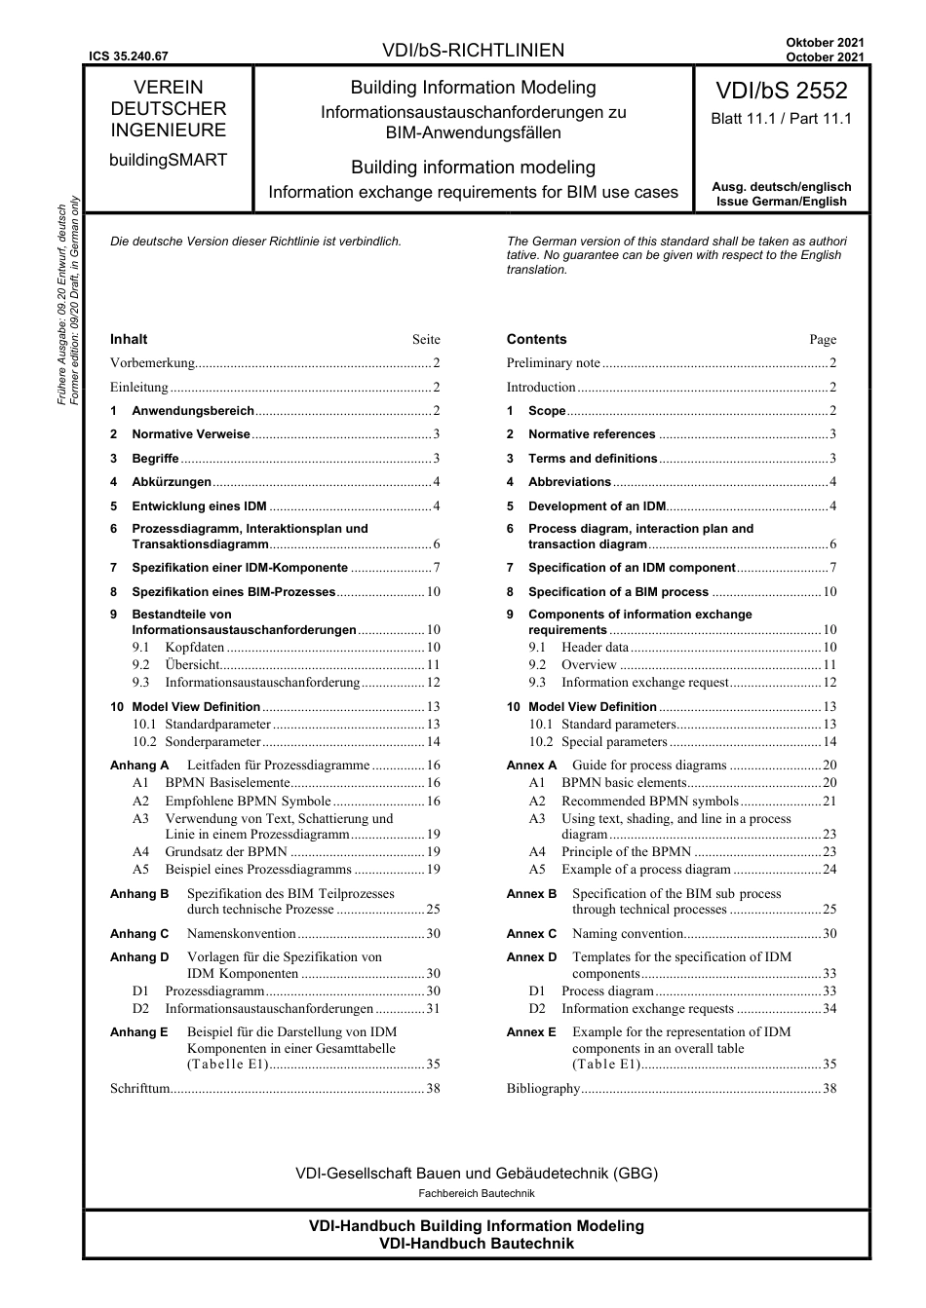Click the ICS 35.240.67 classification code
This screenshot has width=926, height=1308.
(128, 56)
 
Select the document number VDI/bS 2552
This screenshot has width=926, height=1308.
(781, 91)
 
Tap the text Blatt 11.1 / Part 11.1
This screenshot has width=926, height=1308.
(781, 119)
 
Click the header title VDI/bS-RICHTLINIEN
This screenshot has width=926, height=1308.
(473, 50)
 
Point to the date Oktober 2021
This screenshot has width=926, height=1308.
(825, 43)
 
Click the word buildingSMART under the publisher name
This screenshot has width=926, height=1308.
(168, 160)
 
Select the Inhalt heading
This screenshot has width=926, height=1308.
(129, 339)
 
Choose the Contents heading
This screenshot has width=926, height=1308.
(536, 339)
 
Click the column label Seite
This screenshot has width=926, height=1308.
(426, 340)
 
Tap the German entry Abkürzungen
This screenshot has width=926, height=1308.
(172, 482)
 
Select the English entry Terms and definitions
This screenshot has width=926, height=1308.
(593, 459)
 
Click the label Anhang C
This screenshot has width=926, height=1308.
(139, 934)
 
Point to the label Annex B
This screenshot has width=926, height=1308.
(531, 894)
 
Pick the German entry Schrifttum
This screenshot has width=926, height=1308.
(139, 1089)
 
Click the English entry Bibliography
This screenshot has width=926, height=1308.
(543, 1089)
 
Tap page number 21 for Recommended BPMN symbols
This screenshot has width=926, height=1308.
(830, 801)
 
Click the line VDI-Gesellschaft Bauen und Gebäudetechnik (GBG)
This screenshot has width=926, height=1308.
(477, 1174)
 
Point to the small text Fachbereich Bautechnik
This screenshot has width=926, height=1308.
(477, 1193)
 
